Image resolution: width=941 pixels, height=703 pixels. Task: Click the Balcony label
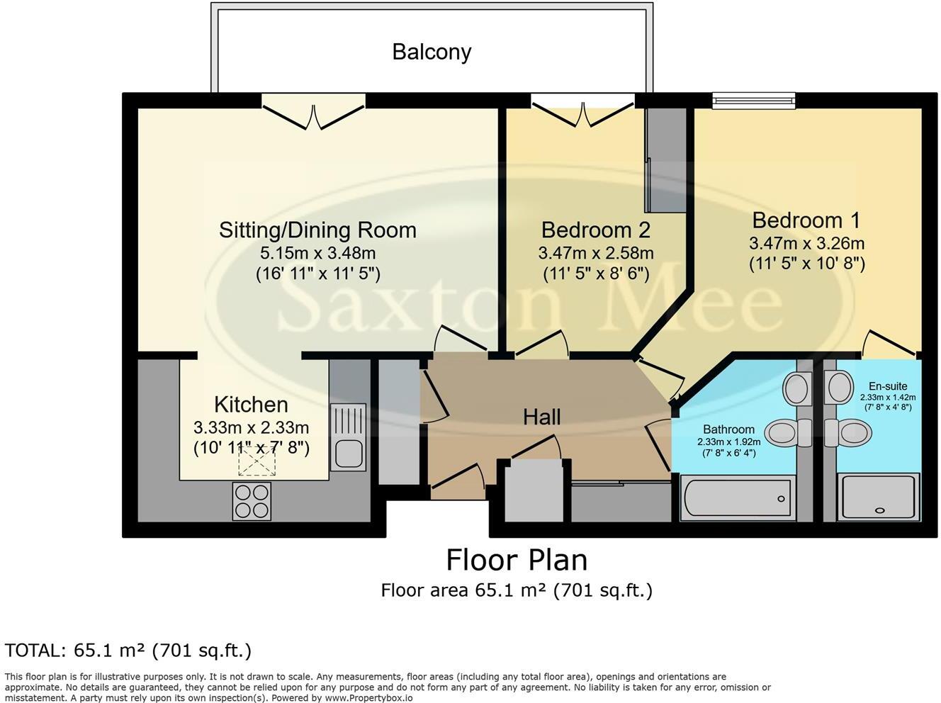coord(432,52)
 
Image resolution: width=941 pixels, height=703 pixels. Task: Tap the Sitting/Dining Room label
coord(317,230)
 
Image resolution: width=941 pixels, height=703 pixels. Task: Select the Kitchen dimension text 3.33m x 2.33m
coord(252,427)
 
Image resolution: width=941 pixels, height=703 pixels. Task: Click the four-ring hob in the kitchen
coord(252,501)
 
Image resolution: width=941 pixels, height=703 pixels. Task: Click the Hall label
coord(542,417)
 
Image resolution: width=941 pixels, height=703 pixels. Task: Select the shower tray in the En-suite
coord(880,497)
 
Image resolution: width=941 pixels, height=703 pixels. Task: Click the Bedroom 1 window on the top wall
coord(754,101)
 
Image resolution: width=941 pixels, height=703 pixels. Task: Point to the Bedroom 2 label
coord(596,230)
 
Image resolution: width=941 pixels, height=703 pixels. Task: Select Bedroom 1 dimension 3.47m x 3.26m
coord(807,244)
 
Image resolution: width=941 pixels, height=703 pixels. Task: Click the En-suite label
coord(888,386)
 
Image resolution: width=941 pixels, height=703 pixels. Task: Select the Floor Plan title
coord(517,560)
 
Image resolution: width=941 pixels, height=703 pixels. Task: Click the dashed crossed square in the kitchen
coord(257,461)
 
